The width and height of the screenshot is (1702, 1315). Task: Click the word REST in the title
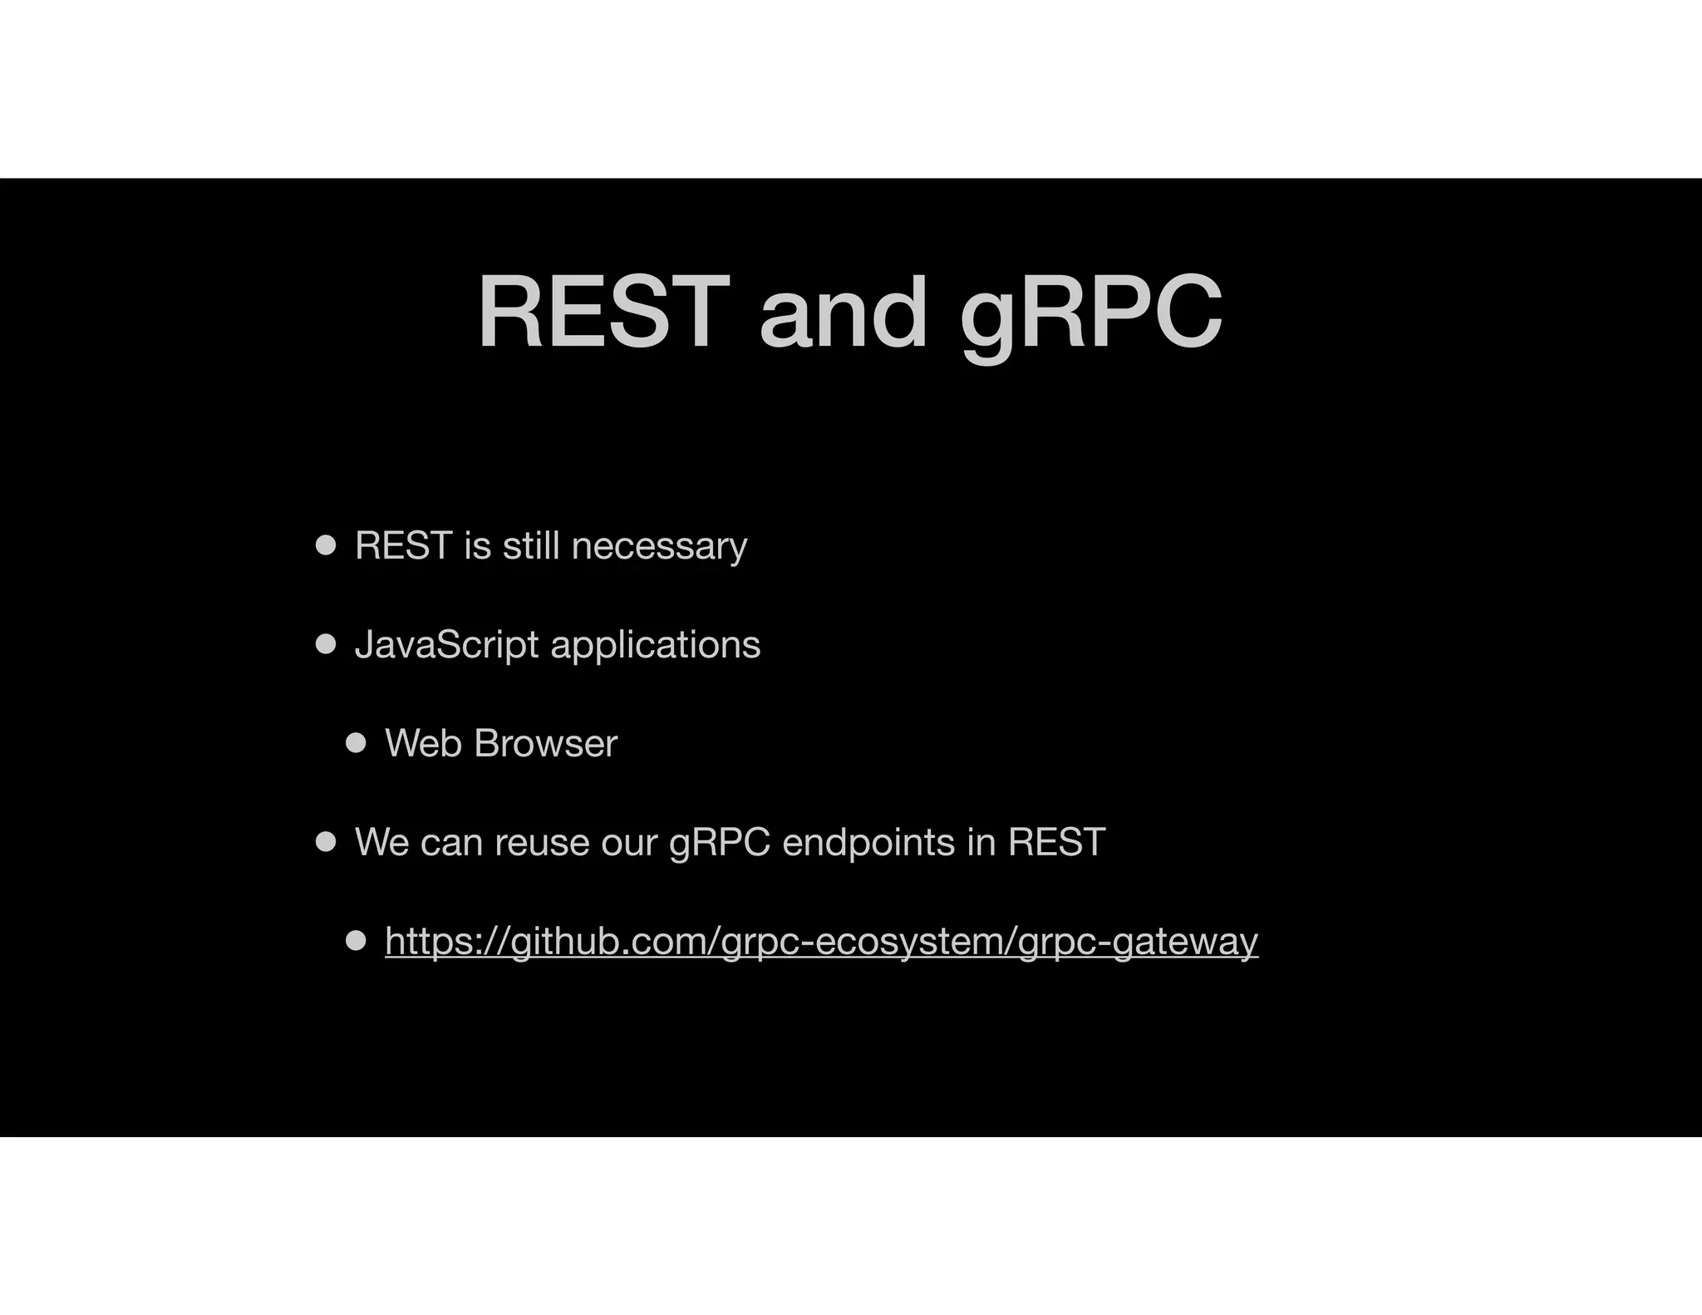click(x=603, y=313)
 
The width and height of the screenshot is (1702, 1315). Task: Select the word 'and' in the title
click(x=843, y=313)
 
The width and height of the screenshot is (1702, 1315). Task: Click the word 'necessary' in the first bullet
click(x=659, y=547)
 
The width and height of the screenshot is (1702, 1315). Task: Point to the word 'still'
click(x=530, y=546)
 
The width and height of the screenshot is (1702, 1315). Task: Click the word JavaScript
click(x=446, y=645)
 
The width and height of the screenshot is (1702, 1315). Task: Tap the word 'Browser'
click(x=545, y=743)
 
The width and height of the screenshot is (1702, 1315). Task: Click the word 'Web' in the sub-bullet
click(x=423, y=743)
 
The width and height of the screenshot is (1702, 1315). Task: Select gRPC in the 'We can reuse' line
click(x=720, y=843)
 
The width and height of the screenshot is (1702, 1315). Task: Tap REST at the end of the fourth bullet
click(x=1055, y=842)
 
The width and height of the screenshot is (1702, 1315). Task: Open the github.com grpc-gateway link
click(x=821, y=942)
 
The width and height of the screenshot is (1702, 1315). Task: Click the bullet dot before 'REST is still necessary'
click(x=326, y=546)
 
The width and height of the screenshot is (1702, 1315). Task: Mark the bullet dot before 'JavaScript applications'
click(x=326, y=644)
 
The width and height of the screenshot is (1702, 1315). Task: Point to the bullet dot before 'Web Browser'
click(x=356, y=743)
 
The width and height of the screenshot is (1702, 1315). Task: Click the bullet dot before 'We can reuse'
click(x=326, y=842)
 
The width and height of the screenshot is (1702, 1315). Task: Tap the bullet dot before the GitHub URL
click(x=356, y=941)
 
